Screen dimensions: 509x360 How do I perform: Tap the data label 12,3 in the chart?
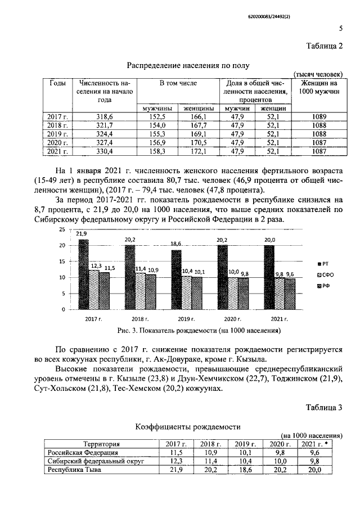point(95,265)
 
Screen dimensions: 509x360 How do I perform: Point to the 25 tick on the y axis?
point(62,230)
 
